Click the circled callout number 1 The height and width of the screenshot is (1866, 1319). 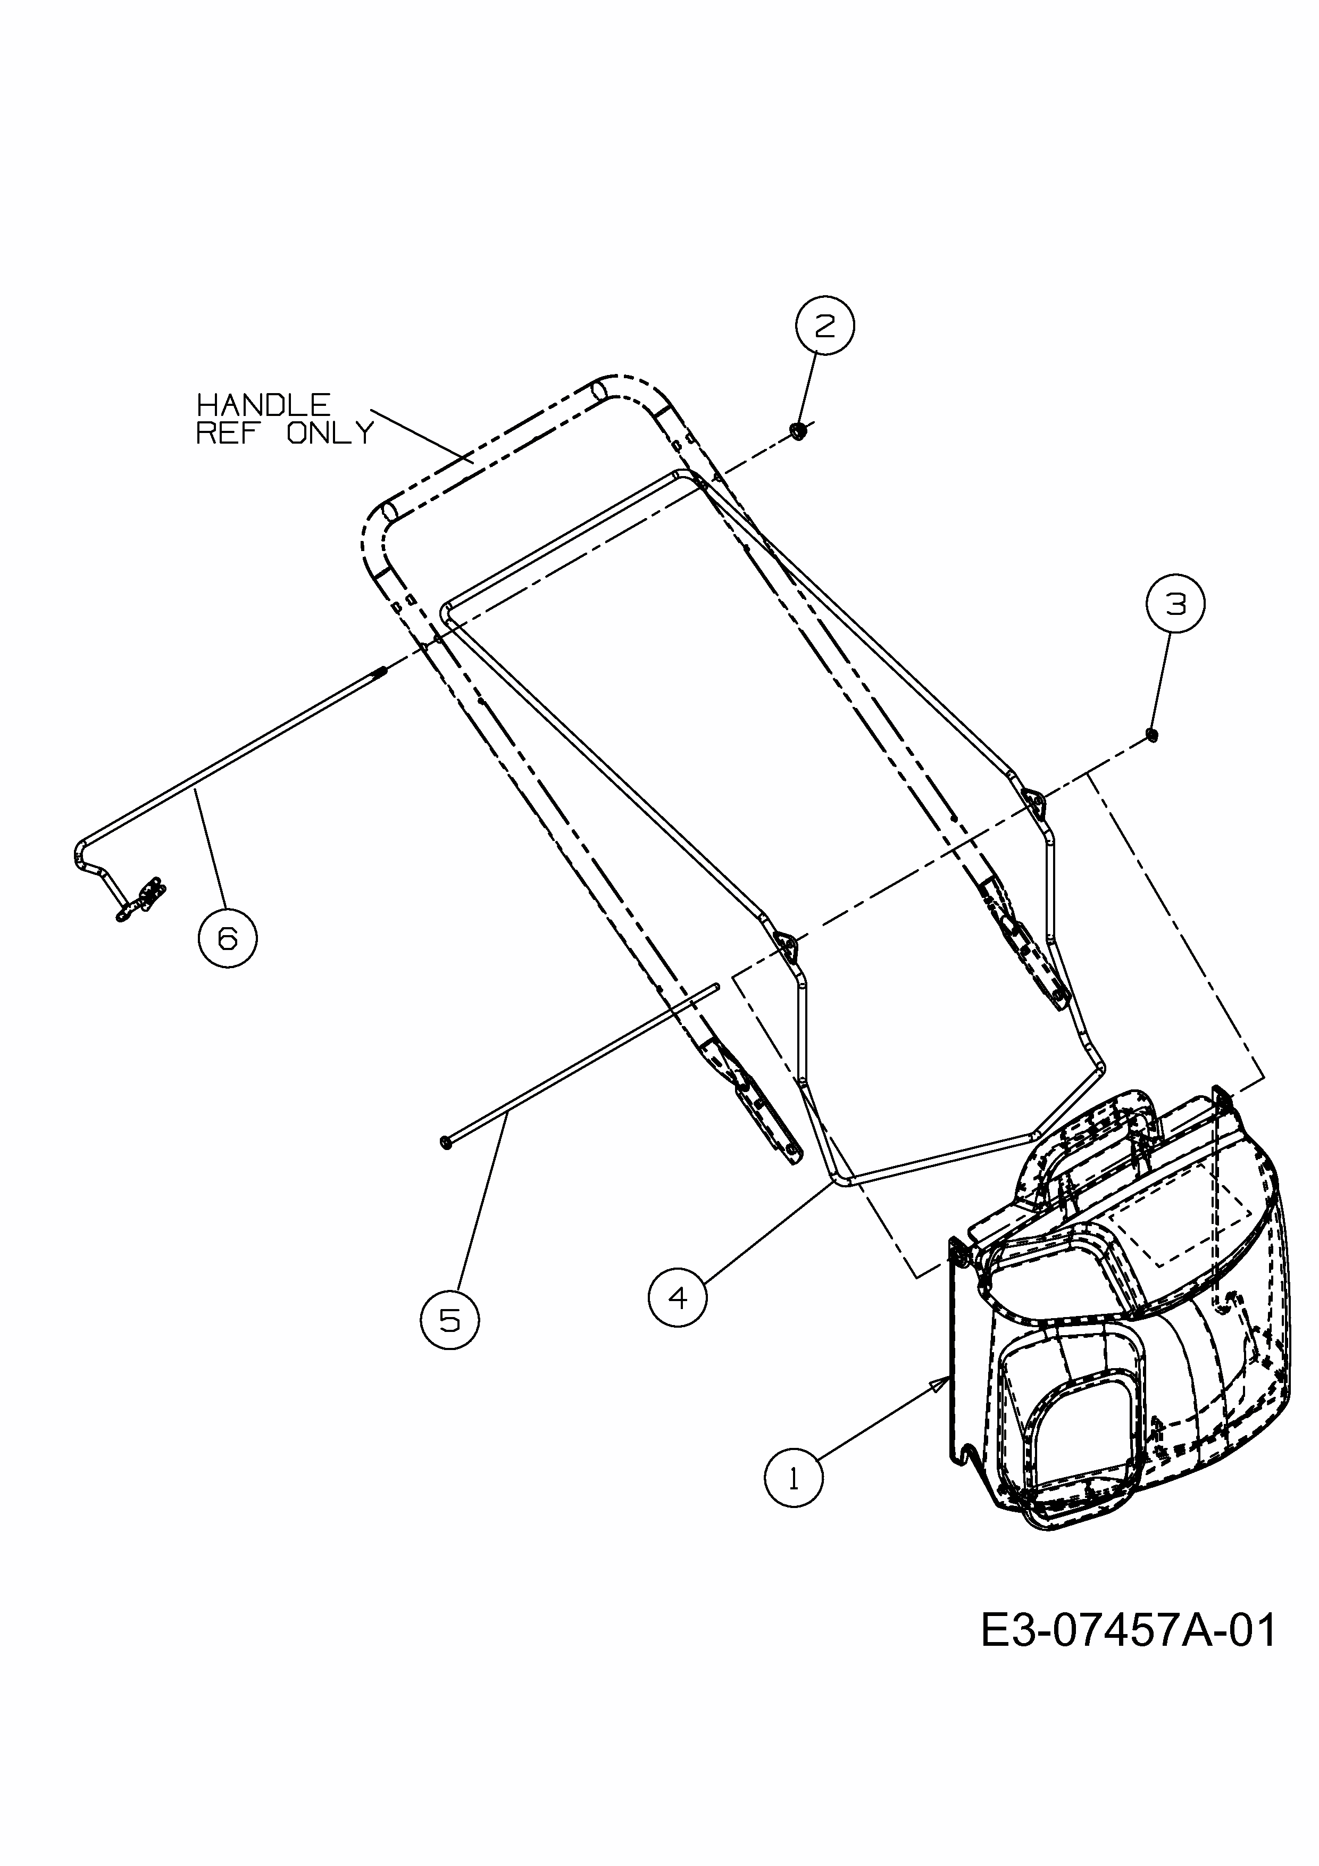(x=793, y=1477)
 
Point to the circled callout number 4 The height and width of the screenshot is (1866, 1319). (x=678, y=1298)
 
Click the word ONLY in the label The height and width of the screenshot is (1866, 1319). (x=331, y=433)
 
